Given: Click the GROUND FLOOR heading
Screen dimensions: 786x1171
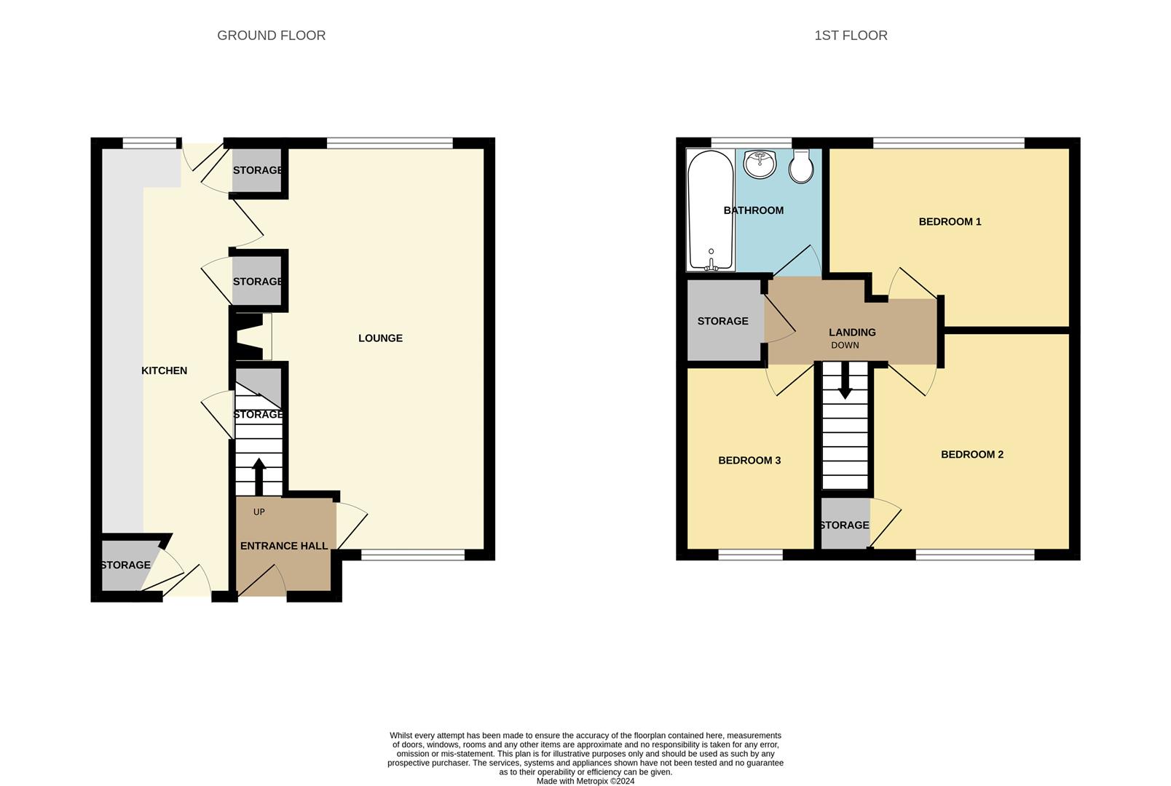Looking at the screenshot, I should coord(271,35).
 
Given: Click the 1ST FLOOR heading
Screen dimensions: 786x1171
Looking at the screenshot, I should coord(850,35).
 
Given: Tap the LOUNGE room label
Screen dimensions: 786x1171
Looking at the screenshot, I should coord(380,338).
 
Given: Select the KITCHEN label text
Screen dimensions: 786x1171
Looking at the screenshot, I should coord(164,370).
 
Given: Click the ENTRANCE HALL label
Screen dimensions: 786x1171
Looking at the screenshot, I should coord(283,546).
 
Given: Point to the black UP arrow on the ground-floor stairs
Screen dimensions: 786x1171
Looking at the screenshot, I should coord(259,476).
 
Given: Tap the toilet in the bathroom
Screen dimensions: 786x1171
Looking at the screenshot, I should coord(801,167).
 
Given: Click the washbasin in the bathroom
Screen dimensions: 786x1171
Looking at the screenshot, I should coord(760,163).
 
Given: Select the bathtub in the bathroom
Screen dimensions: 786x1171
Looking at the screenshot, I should coord(711,210).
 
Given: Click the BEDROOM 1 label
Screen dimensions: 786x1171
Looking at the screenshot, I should coord(950,221).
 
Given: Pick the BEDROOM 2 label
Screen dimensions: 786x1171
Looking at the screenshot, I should coord(971,454).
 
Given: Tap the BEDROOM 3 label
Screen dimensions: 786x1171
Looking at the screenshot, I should coord(749,460).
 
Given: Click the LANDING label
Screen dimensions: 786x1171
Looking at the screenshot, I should coord(851,332).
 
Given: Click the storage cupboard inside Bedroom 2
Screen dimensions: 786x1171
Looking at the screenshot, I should coord(845,524).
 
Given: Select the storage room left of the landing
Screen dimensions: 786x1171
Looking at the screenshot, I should coord(722,321).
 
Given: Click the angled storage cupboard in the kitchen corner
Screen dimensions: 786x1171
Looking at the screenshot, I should coord(125,565).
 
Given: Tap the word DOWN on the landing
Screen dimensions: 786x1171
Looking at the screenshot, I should coord(845,345).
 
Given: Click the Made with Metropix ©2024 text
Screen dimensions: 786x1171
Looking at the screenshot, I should coord(585,781).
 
